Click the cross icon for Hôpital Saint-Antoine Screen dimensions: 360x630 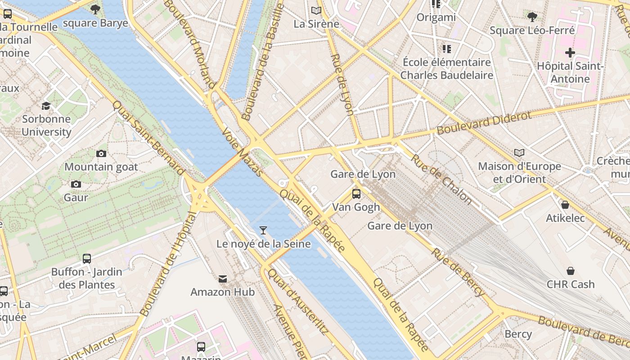click(570, 53)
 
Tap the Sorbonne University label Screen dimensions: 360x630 click(46, 126)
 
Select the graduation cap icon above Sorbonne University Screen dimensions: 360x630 click(46, 106)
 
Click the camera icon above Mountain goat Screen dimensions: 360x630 click(101, 153)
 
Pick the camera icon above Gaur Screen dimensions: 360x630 click(76, 184)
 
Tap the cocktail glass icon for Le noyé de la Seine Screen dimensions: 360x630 click(263, 230)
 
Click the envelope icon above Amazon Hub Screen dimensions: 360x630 click(223, 279)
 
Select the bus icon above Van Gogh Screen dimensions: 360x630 click(356, 194)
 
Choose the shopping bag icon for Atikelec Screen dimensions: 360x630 click(565, 205)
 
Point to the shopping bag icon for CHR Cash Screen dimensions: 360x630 click(570, 271)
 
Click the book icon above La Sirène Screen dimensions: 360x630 click(316, 10)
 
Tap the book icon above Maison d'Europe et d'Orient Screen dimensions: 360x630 click(519, 153)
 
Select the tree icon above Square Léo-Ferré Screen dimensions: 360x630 click(532, 17)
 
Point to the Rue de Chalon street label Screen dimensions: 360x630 click(441, 179)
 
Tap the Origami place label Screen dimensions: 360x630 click(436, 18)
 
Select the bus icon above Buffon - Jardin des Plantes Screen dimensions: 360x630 click(87, 259)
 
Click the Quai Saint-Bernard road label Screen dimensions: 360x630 click(148, 137)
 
